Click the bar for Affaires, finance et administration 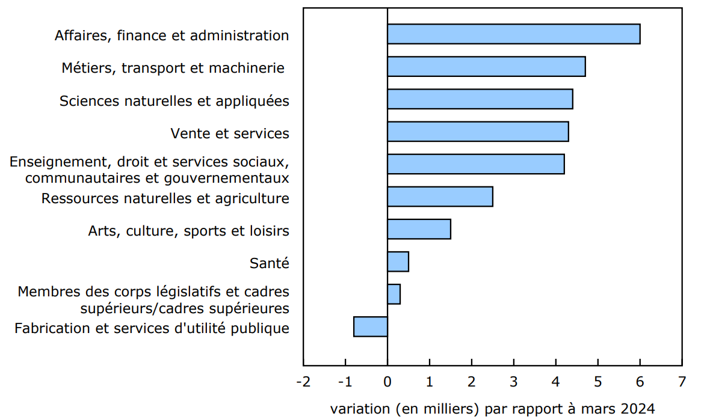513,34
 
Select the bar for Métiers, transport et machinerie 486,67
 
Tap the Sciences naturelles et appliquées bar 480,99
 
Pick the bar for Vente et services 478,132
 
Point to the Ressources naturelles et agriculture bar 440,197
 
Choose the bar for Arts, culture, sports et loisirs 419,229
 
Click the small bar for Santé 398,261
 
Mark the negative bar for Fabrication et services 371,326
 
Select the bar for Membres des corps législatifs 394,294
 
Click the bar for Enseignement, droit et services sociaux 475,164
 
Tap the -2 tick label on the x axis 303,382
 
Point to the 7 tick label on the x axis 682,382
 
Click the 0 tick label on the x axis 387,382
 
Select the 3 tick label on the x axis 514,382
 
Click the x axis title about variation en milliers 492,409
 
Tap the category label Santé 269,263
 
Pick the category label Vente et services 230,133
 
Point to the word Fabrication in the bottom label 49,328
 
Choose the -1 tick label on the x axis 345,382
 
